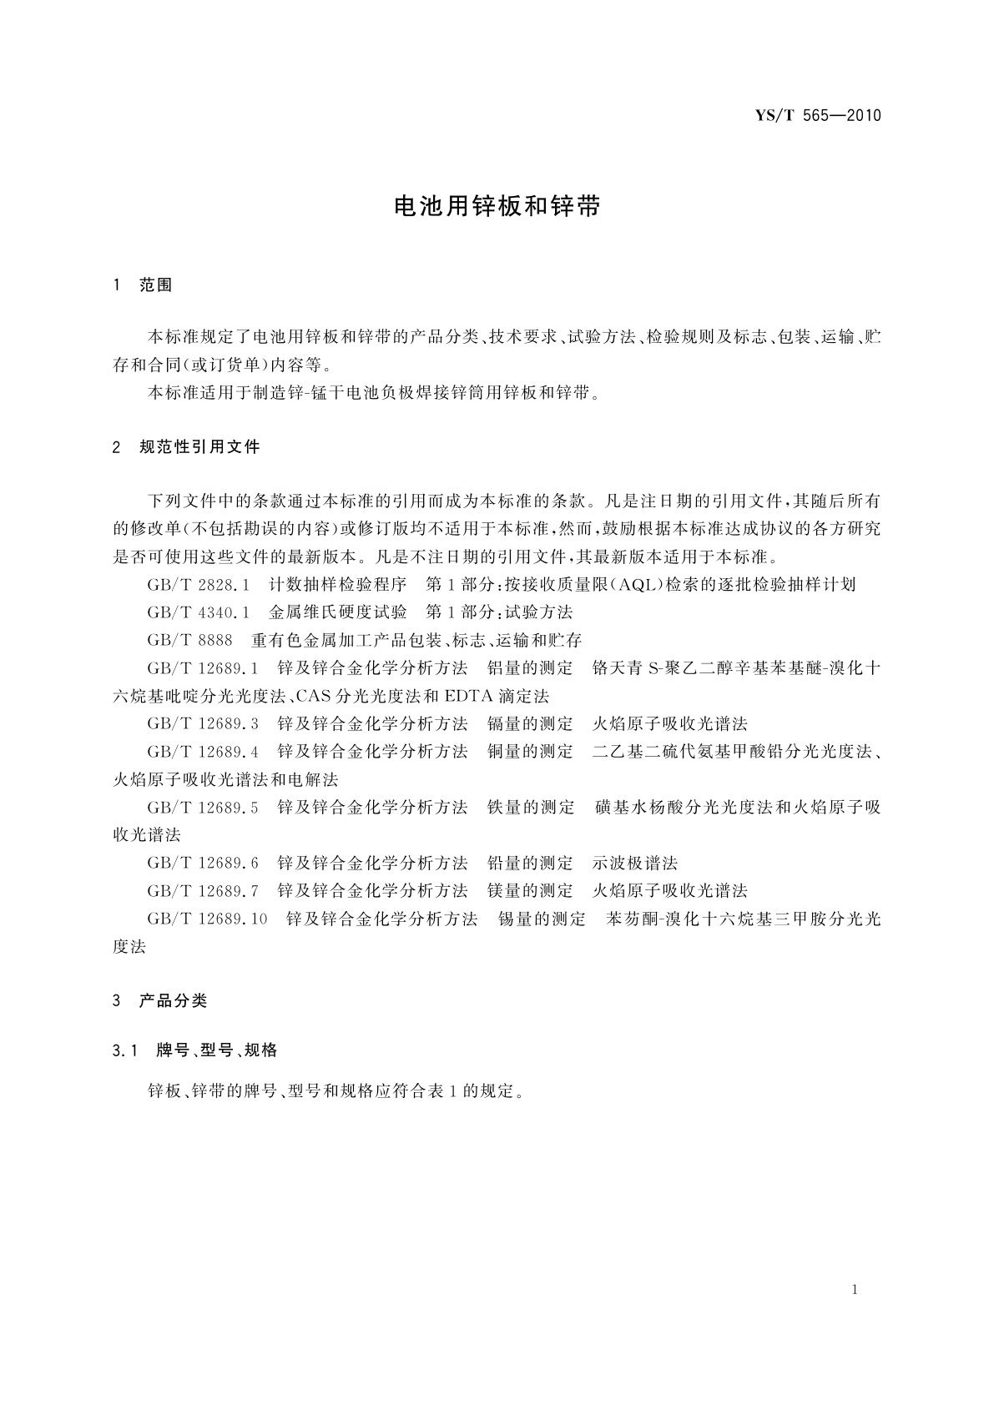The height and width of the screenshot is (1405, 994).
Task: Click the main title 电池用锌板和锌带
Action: tap(497, 208)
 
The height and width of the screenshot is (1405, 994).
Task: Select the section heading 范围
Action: tap(156, 285)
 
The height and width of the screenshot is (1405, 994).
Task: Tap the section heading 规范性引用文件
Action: tap(199, 447)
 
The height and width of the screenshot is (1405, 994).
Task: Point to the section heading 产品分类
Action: tap(173, 1001)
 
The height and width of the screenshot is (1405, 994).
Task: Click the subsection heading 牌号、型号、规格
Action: tap(217, 1050)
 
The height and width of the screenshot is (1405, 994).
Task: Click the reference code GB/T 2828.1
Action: tap(199, 585)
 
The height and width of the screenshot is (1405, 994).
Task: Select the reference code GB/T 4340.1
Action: tap(199, 612)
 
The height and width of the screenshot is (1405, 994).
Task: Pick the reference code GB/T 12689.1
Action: tap(203, 668)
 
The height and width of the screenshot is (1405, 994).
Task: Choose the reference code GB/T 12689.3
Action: tap(203, 724)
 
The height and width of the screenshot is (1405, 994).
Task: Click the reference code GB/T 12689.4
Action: tap(203, 752)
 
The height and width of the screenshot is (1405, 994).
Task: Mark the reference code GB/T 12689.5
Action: tap(203, 808)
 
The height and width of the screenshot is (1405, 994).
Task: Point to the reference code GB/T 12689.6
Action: tap(203, 863)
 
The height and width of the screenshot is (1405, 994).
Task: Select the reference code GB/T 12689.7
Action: tap(203, 891)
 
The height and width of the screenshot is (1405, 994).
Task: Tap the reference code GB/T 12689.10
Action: tap(207, 919)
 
